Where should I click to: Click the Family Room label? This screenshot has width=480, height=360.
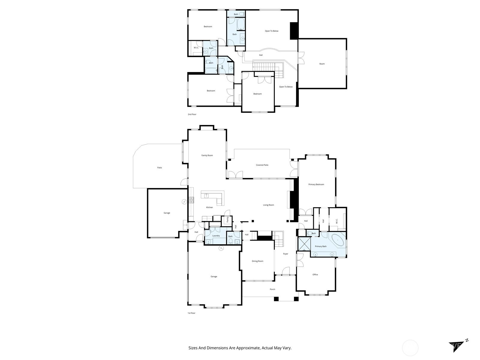tap(207, 155)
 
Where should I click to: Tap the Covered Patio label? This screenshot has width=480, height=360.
tap(262, 165)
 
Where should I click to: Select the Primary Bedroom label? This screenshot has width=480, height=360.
tap(316, 184)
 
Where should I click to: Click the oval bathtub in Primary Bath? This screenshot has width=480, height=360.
tap(338, 240)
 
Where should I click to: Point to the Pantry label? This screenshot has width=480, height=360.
tap(228, 220)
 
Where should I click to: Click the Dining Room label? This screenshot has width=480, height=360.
tap(257, 261)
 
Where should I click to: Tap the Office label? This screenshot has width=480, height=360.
tap(315, 274)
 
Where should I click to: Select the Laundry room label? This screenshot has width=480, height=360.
tap(216, 236)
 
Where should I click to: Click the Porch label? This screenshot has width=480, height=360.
tap(272, 289)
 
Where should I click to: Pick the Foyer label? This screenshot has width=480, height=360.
tap(286, 254)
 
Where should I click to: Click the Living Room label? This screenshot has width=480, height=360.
tap(268, 205)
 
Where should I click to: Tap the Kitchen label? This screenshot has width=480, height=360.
tap(209, 207)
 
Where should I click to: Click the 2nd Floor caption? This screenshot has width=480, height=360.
tap(192, 114)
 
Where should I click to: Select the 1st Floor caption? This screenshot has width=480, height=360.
tap(191, 313)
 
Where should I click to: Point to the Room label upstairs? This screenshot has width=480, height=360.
tap(322, 64)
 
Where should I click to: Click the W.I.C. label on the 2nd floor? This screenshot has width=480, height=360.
tap(196, 48)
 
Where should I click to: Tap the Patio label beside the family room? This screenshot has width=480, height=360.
tap(160, 168)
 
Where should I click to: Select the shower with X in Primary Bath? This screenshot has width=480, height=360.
tap(304, 244)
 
